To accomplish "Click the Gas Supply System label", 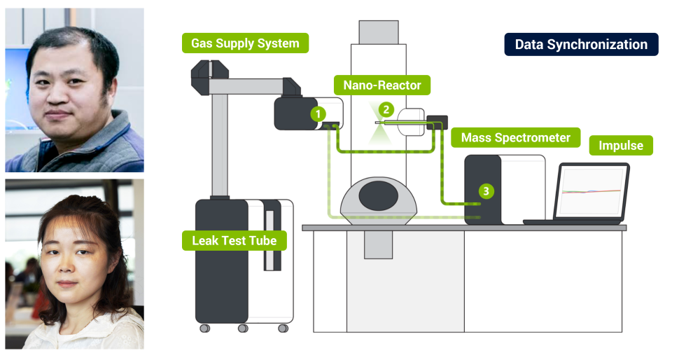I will (245, 43).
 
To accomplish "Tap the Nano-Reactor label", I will (382, 85).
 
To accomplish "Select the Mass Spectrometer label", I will (515, 138).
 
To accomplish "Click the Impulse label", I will (620, 146).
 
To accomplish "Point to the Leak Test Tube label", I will (234, 241).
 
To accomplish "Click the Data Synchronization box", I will (581, 45).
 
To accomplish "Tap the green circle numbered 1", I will (318, 113).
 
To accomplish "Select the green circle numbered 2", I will (384, 109).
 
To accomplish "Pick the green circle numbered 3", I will (484, 190).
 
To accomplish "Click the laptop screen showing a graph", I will (592, 191).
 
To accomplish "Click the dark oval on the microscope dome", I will (381, 193).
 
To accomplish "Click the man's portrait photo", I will (74, 90).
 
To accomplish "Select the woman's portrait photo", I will (74, 264).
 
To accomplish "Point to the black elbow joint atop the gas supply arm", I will (209, 70).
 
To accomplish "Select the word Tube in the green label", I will (263, 241).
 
